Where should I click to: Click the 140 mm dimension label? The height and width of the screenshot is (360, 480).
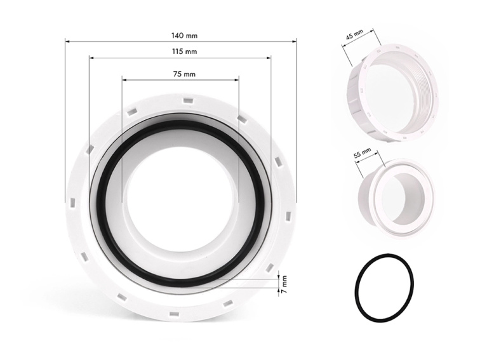coord(184,36)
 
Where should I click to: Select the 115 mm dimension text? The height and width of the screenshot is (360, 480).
coord(184,51)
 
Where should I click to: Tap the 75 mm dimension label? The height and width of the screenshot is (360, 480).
coord(184,74)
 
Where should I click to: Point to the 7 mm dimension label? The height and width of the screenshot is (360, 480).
coord(284,284)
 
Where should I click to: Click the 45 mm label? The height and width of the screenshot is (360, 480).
coord(354,35)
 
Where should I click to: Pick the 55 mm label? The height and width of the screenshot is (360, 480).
coord(363,153)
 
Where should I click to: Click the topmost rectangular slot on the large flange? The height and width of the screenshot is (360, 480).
coord(187,100)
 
